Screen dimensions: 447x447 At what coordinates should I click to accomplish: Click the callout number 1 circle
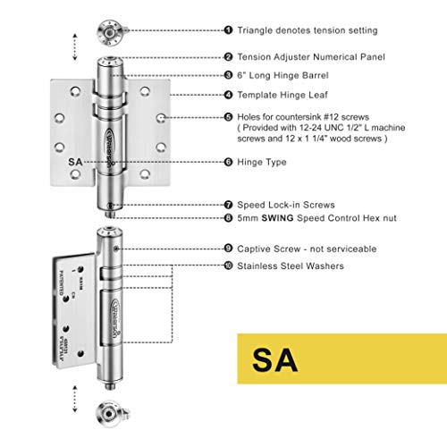tap(228, 30)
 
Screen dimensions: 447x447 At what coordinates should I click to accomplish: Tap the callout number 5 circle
tap(228, 116)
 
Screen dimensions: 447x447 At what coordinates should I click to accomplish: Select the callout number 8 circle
tap(228, 216)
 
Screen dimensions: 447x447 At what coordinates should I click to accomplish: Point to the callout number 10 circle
tap(228, 266)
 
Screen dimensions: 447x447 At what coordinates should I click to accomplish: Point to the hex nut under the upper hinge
tap(107, 215)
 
